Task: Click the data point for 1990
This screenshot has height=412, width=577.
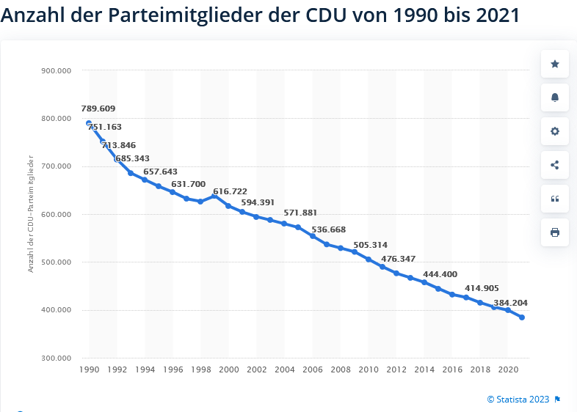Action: click(x=89, y=123)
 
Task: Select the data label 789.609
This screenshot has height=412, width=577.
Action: click(x=98, y=108)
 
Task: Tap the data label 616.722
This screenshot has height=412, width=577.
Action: click(x=230, y=191)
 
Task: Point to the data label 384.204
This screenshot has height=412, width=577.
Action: click(x=510, y=303)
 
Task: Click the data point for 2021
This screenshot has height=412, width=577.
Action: click(x=522, y=317)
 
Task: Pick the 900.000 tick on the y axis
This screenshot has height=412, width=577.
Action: click(x=56, y=71)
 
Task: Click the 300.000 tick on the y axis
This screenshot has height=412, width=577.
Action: click(x=56, y=358)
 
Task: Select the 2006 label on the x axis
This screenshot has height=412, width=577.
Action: click(x=313, y=371)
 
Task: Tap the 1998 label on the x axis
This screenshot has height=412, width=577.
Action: click(x=201, y=371)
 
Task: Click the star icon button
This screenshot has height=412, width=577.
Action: click(x=555, y=65)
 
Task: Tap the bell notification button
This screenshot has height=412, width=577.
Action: click(x=555, y=98)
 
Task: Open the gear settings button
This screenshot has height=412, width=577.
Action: click(x=555, y=131)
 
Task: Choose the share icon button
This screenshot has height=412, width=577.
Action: click(x=555, y=165)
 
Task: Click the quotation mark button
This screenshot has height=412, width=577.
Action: click(x=555, y=199)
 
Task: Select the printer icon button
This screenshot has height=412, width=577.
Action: click(x=555, y=232)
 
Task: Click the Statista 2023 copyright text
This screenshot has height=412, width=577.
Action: click(x=518, y=400)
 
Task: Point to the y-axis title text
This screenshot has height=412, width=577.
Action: click(x=32, y=213)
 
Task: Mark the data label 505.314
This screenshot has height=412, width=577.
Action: click(x=370, y=245)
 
